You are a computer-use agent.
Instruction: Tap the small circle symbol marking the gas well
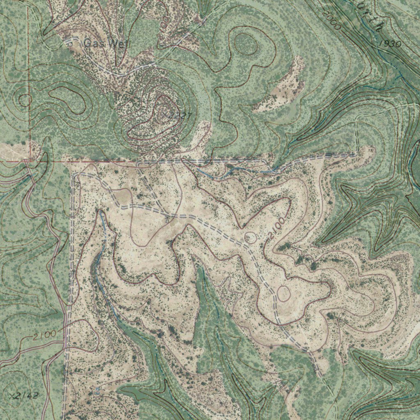[x=70, y=42]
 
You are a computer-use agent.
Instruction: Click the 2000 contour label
[x=332, y=21]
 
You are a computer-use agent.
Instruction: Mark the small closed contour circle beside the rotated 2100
[x=251, y=237]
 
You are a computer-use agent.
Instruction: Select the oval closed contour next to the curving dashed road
[x=283, y=294]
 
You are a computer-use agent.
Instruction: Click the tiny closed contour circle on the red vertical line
[x=25, y=100]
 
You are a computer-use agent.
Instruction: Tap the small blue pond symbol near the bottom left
[x=97, y=390]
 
